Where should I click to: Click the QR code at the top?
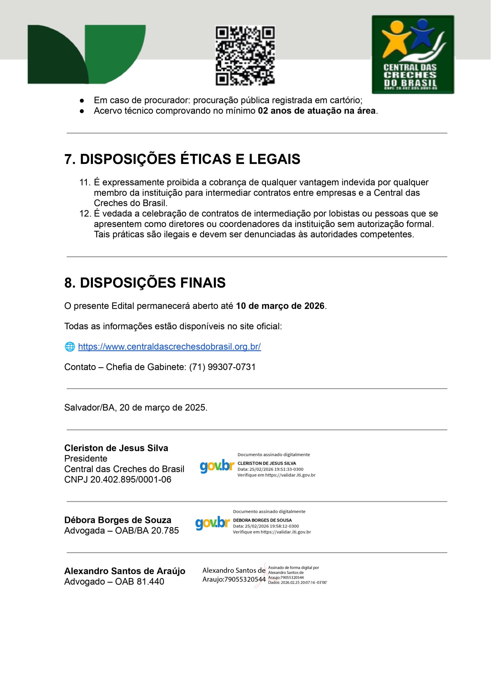click(x=245, y=55)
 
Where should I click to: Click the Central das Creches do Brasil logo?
click(x=413, y=54)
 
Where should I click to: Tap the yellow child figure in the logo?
click(x=395, y=38)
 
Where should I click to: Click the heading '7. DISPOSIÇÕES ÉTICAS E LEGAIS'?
click(x=182, y=159)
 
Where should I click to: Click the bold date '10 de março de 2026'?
click(x=280, y=306)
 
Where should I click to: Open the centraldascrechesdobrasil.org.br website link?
click(x=169, y=346)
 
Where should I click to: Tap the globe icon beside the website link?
click(x=70, y=346)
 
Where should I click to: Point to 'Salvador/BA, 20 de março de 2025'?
click(x=136, y=408)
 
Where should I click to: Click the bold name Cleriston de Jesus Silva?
click(x=116, y=448)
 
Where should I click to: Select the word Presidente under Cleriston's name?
click(x=86, y=458)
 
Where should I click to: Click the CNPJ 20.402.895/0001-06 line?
click(x=118, y=480)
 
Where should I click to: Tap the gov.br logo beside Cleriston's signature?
click(x=217, y=466)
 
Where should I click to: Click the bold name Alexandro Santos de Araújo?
click(x=125, y=571)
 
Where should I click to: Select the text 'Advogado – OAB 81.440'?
click(x=114, y=581)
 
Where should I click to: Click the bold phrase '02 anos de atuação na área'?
click(x=316, y=111)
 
